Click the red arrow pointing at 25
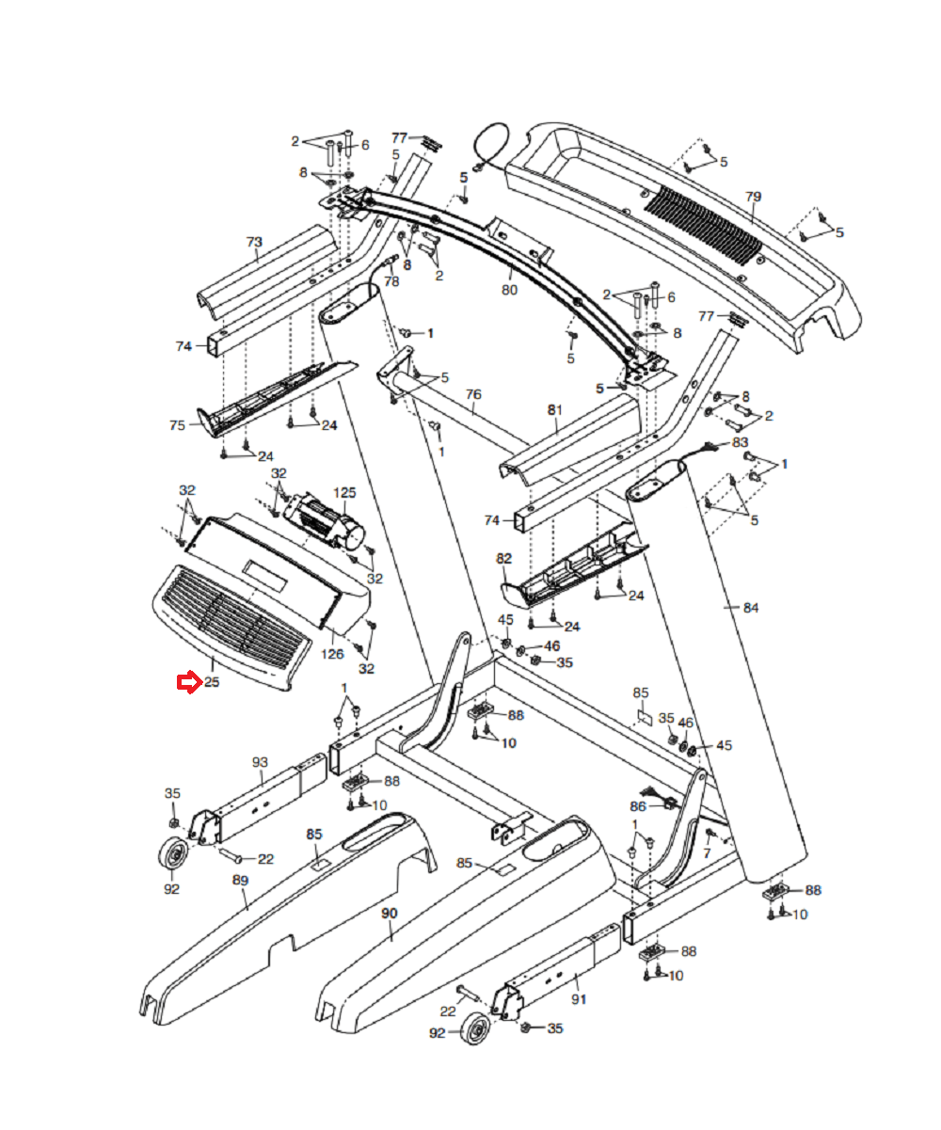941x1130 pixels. (x=189, y=682)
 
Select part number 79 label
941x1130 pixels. (x=753, y=197)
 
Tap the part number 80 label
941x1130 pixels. (x=509, y=290)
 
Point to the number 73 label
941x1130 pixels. (x=254, y=242)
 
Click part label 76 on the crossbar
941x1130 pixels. (x=473, y=394)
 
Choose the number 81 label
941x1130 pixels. (x=555, y=410)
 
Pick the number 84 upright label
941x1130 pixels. (x=751, y=608)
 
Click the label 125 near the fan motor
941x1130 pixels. (x=344, y=492)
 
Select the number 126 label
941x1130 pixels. (x=332, y=654)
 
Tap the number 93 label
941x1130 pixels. (x=260, y=762)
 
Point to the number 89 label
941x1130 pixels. (x=240, y=881)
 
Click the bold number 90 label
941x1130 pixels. (x=390, y=914)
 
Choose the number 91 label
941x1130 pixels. (x=579, y=999)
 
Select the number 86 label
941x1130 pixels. (x=638, y=806)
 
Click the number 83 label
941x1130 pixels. (x=741, y=442)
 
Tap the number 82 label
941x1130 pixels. (x=504, y=558)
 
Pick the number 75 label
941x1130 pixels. (x=178, y=425)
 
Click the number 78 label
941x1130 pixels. (x=391, y=281)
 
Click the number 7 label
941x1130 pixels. (x=707, y=853)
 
